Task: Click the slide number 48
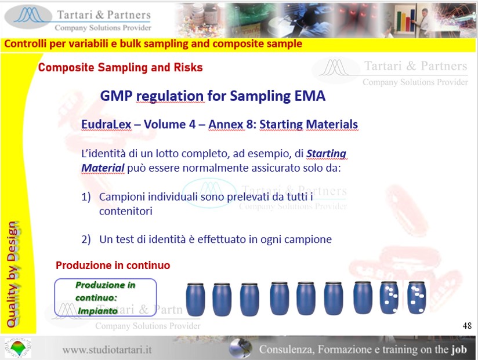[x=467, y=326]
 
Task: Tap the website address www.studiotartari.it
[x=107, y=350]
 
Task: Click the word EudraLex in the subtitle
[x=106, y=124]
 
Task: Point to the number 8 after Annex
[x=249, y=124]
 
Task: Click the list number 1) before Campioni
[x=86, y=197]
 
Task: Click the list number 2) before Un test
[x=86, y=239]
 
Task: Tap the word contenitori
[x=126, y=211]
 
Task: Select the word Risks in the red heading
[x=188, y=67]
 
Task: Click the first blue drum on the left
[x=195, y=299]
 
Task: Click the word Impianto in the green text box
[x=97, y=311]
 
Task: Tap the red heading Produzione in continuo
[x=113, y=266]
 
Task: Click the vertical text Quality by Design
[x=13, y=274]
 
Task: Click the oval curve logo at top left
[x=28, y=16]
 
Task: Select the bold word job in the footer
[x=459, y=350]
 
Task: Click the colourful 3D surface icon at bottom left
[x=17, y=348]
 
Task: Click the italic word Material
[x=103, y=168]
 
